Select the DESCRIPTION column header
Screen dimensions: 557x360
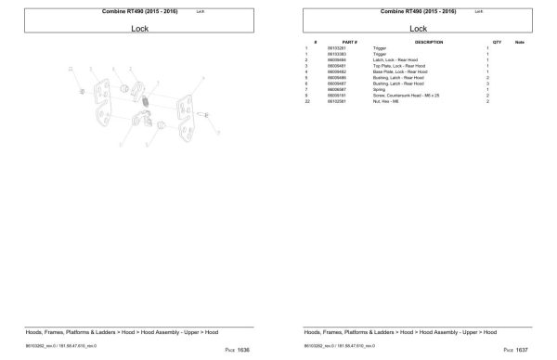click(428, 43)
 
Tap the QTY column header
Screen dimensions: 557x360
click(497, 43)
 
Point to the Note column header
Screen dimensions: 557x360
click(519, 43)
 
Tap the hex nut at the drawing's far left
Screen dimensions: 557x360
click(83, 90)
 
